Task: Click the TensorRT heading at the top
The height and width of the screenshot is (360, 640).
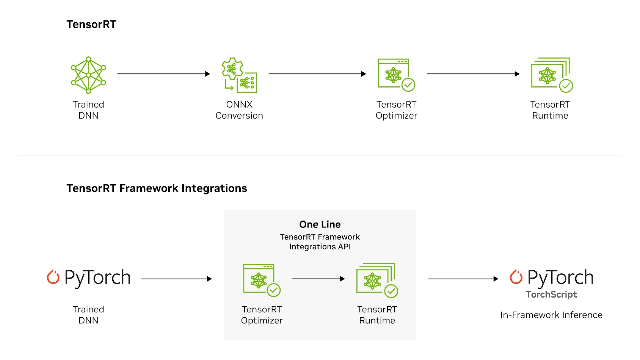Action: tap(91, 24)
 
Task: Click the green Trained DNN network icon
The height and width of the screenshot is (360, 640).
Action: tap(88, 75)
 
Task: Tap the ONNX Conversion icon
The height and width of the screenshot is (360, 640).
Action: tap(239, 75)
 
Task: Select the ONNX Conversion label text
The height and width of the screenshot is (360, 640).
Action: tap(239, 110)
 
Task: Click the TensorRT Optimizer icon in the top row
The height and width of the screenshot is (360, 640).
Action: tap(396, 75)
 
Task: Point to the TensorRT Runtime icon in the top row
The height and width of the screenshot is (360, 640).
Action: tap(551, 75)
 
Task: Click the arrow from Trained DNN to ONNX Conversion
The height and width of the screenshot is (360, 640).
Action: tap(163, 74)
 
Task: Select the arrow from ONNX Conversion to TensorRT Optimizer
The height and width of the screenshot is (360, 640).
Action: tap(317, 74)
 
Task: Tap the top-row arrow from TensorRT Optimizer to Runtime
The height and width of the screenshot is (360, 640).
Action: tap(473, 74)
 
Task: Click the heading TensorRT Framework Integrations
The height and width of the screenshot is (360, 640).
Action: tap(157, 188)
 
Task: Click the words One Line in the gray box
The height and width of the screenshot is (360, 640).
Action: tap(320, 224)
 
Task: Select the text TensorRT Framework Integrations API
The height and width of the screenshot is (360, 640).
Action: tap(320, 242)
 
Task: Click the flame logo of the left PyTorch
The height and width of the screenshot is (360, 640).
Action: tap(53, 277)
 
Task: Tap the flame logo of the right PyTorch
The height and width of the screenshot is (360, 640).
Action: tap(516, 277)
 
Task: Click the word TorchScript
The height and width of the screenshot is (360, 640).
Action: tap(551, 294)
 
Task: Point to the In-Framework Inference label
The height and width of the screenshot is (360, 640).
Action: tap(551, 315)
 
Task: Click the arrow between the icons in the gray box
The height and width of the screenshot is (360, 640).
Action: tap(318, 279)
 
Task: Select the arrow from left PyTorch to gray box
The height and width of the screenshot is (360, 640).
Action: tap(176, 279)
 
